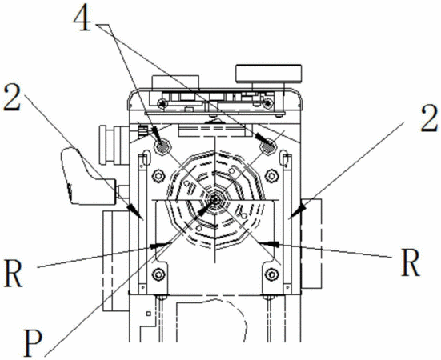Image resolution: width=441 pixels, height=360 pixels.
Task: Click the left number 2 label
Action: click(12, 98)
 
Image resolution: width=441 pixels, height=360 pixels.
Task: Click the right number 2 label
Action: click(429, 118)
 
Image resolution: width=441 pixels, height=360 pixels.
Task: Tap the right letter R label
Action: click(411, 262)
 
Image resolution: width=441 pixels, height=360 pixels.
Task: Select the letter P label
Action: click(33, 343)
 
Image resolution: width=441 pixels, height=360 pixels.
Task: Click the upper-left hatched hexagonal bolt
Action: click(162, 146)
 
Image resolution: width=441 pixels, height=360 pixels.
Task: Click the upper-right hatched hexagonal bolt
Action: click(268, 146)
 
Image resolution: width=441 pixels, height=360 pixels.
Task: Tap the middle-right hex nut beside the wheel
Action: click(271, 176)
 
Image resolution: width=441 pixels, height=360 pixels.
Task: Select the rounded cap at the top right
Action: click(269, 74)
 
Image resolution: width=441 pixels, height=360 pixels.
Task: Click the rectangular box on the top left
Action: click(175, 82)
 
